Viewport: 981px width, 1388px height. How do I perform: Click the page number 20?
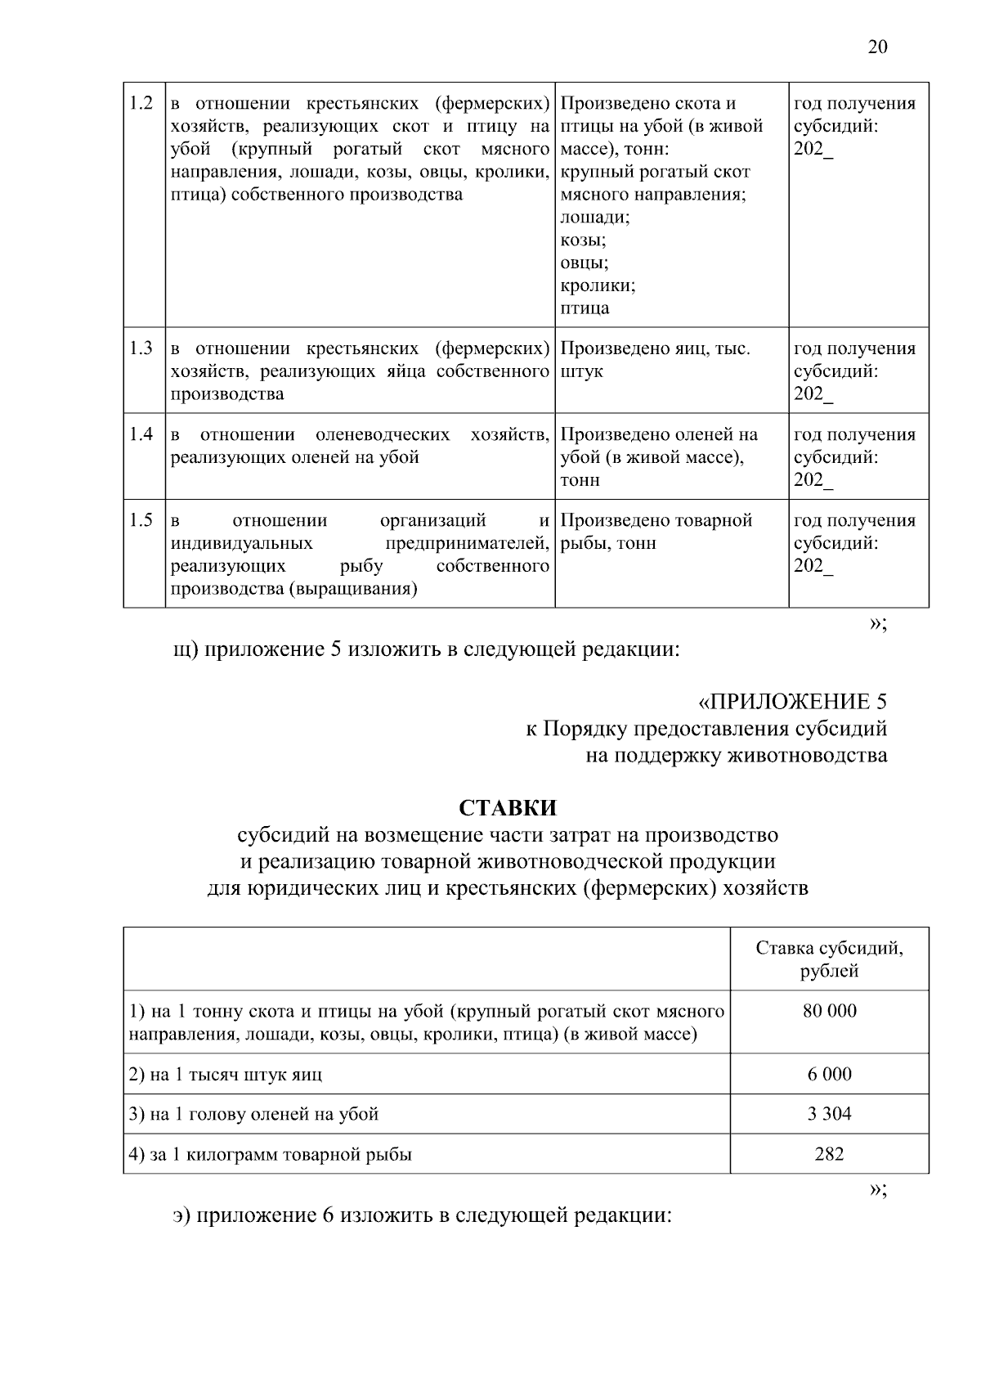pyautogui.click(x=876, y=47)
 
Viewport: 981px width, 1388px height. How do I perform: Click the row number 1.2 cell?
pyautogui.click(x=142, y=104)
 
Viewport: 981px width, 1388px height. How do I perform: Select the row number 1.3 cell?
pyautogui.click(x=142, y=349)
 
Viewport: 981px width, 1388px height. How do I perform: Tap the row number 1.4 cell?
pyautogui.click(x=142, y=435)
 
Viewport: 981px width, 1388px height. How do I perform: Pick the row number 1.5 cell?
pyautogui.click(x=142, y=521)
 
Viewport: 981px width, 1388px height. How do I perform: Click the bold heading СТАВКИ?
pyautogui.click(x=507, y=808)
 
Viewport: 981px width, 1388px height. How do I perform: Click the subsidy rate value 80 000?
pyautogui.click(x=829, y=1011)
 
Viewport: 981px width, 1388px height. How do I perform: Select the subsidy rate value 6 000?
pyautogui.click(x=829, y=1074)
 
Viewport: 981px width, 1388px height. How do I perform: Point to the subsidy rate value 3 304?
pyautogui.click(x=829, y=1114)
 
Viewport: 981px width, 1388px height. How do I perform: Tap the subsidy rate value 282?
pyautogui.click(x=829, y=1154)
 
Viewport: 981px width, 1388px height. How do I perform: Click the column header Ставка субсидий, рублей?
pyautogui.click(x=829, y=959)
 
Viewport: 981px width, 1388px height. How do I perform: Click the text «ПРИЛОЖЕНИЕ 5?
pyautogui.click(x=791, y=702)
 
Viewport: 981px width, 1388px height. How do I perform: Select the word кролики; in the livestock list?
pyautogui.click(x=598, y=285)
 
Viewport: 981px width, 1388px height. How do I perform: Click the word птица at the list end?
pyautogui.click(x=585, y=308)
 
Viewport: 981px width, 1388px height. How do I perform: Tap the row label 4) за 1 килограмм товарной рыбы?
pyautogui.click(x=271, y=1155)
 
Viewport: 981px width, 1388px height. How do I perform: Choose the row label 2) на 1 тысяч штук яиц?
pyautogui.click(x=226, y=1075)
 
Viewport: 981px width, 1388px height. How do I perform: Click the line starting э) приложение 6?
pyautogui.click(x=422, y=1215)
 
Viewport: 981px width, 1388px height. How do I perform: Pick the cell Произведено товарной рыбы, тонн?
pyautogui.click(x=656, y=532)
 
